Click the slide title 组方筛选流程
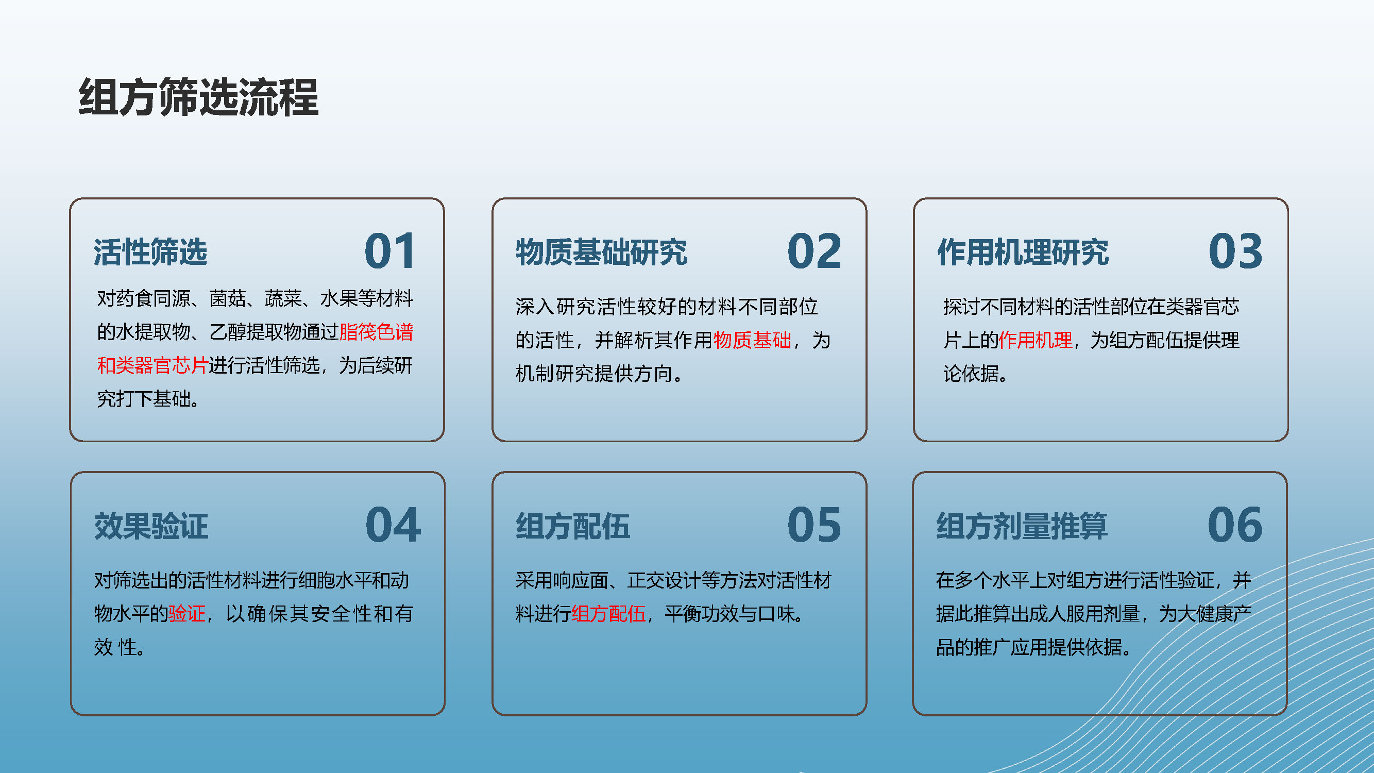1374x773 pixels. click(x=198, y=97)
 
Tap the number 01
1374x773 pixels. click(x=389, y=251)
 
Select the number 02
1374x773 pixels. click(x=814, y=251)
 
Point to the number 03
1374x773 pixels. click(x=1235, y=251)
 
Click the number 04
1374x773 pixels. click(x=393, y=525)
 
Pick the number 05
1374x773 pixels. click(x=814, y=525)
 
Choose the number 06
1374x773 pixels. click(x=1235, y=525)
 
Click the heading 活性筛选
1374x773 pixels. click(x=150, y=253)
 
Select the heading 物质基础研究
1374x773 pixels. click(x=601, y=253)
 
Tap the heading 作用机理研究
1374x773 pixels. click(x=1023, y=253)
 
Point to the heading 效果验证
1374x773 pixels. click(x=151, y=527)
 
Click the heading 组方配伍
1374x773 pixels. click(x=572, y=527)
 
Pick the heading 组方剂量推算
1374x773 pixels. click(x=1022, y=527)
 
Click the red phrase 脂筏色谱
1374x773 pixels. click(x=377, y=332)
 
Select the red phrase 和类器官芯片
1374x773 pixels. click(x=152, y=365)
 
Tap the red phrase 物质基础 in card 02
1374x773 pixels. click(x=752, y=340)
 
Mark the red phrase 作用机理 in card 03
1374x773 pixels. click(x=1036, y=340)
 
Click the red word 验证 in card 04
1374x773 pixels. click(x=186, y=613)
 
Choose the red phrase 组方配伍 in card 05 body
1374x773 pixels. click(x=608, y=613)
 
